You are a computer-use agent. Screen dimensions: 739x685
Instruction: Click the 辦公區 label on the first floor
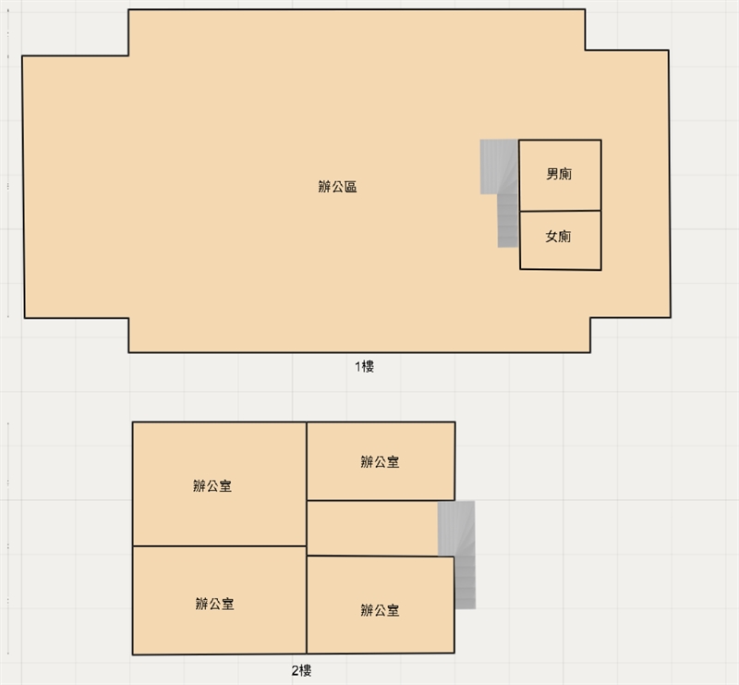(x=337, y=187)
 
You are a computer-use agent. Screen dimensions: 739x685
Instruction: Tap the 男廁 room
(x=560, y=176)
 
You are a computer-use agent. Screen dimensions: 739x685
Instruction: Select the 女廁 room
(x=561, y=240)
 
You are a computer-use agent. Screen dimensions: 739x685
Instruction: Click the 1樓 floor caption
(x=364, y=367)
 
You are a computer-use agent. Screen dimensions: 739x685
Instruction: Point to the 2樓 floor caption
(x=302, y=670)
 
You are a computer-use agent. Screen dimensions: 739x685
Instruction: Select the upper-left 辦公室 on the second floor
(x=220, y=484)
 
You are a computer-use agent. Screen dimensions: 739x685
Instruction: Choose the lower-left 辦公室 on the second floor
(x=220, y=600)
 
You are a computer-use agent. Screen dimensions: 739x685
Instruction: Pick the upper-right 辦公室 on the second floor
(x=381, y=461)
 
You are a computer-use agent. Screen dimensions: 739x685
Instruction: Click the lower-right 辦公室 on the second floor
(x=381, y=605)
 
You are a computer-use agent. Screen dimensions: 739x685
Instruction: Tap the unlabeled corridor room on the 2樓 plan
(x=373, y=528)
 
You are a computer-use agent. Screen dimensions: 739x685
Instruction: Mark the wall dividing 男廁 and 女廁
(x=560, y=211)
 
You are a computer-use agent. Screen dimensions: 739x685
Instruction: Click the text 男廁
(x=559, y=174)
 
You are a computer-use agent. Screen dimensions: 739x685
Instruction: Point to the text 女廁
(x=559, y=237)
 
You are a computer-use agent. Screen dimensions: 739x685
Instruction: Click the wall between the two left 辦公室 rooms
(x=220, y=546)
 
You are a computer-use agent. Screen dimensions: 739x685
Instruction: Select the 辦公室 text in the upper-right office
(x=380, y=462)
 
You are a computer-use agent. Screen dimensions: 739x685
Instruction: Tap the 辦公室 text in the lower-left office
(x=214, y=604)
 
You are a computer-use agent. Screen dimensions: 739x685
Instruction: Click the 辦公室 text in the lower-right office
(x=380, y=610)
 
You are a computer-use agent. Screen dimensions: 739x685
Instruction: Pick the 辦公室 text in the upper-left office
(x=212, y=486)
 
